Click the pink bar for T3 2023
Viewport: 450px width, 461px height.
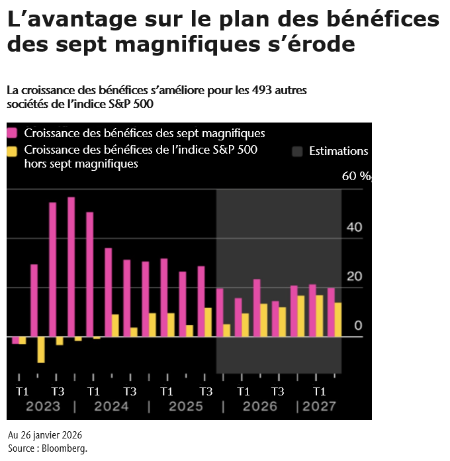52,269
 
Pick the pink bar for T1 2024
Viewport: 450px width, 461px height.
89,274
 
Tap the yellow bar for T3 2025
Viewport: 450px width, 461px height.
208,322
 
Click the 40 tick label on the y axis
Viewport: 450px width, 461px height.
355,227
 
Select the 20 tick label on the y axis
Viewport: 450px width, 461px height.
355,276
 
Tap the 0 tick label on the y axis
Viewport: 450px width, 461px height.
358,325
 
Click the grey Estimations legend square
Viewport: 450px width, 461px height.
297,151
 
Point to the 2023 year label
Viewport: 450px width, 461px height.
43,406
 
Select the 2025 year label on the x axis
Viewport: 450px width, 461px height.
186,406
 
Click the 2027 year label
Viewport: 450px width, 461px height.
319,406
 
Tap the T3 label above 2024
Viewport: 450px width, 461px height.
130,390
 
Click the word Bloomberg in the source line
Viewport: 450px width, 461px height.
67,448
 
